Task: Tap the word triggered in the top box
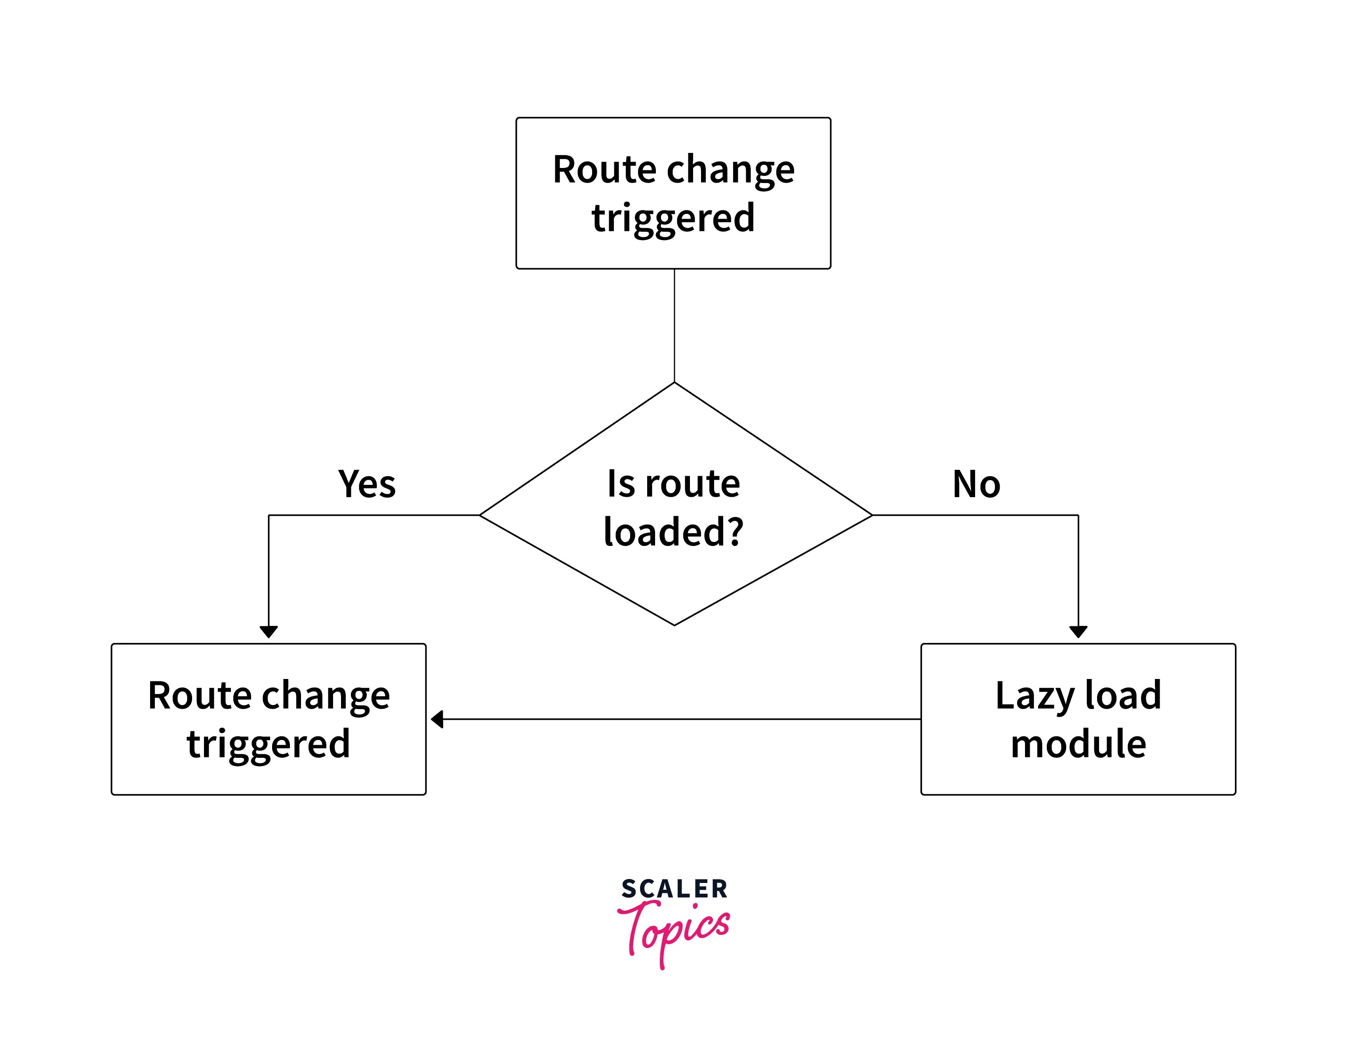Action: pos(673,218)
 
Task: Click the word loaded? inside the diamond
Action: pos(673,532)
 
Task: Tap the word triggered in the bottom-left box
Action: pos(268,744)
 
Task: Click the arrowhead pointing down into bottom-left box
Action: pos(268,632)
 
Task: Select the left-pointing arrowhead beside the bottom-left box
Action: pos(437,719)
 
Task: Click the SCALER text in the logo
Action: pos(674,889)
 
